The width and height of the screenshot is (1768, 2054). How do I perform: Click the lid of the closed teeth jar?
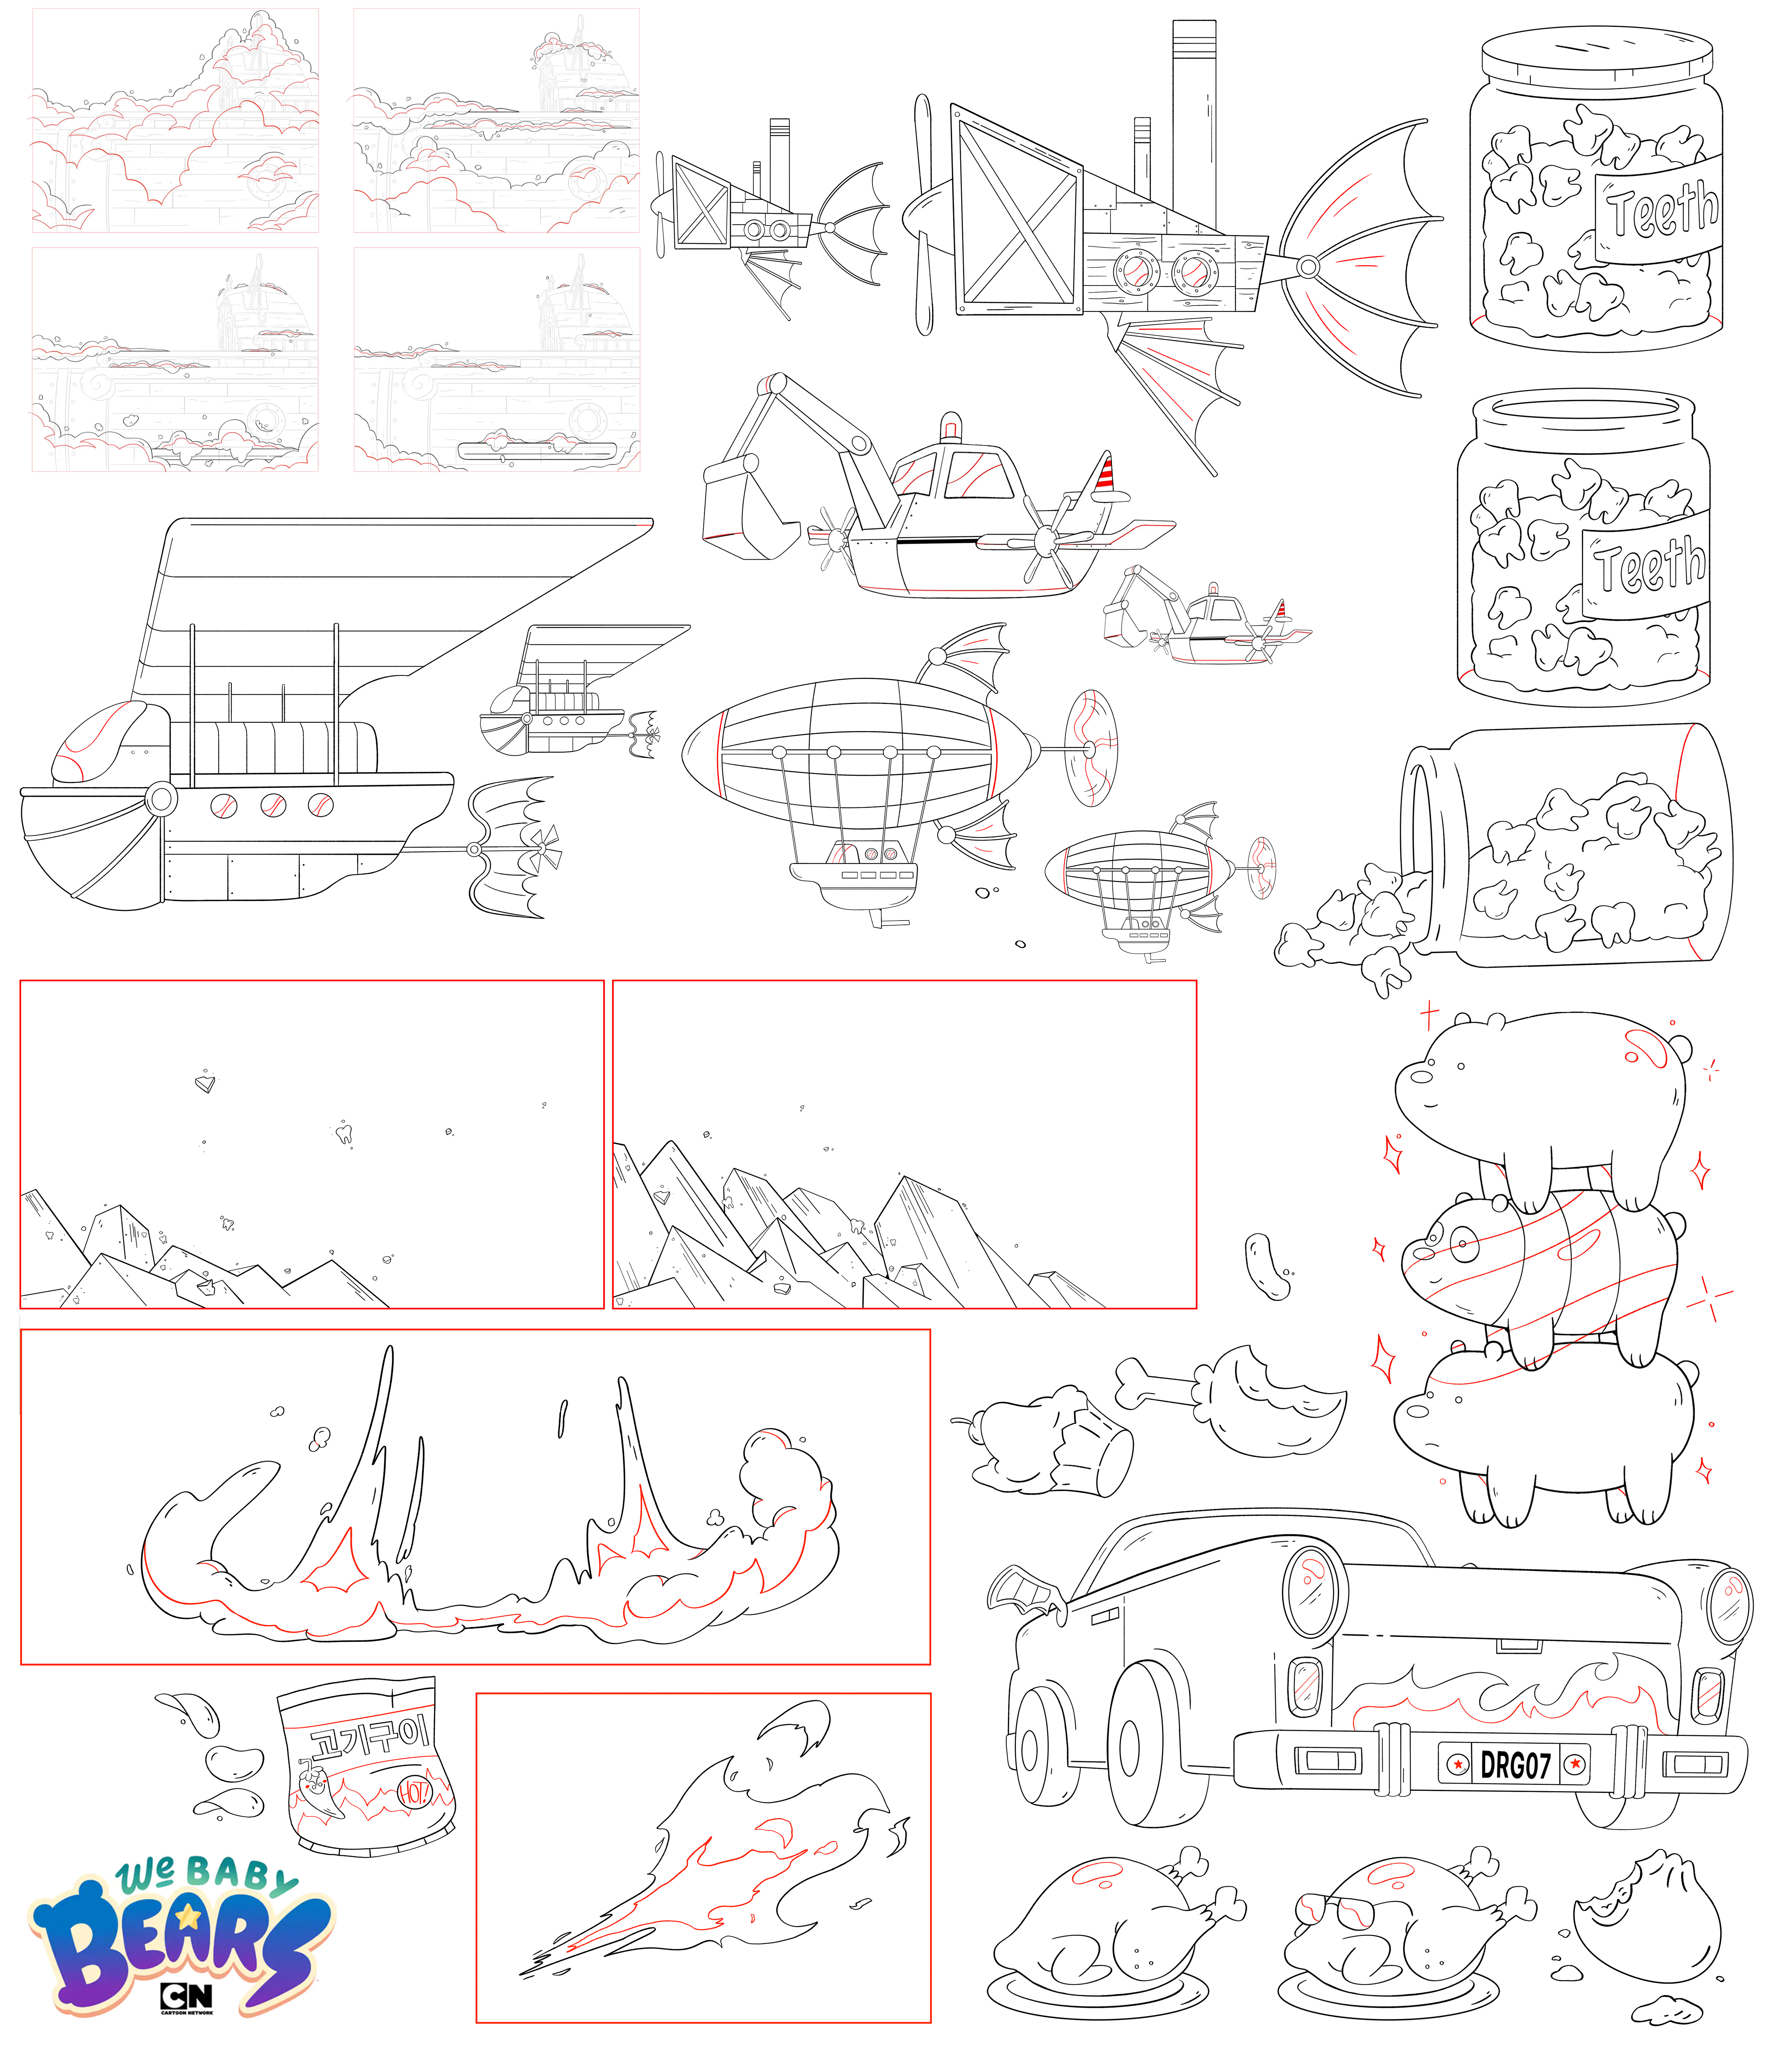[x=1597, y=56]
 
